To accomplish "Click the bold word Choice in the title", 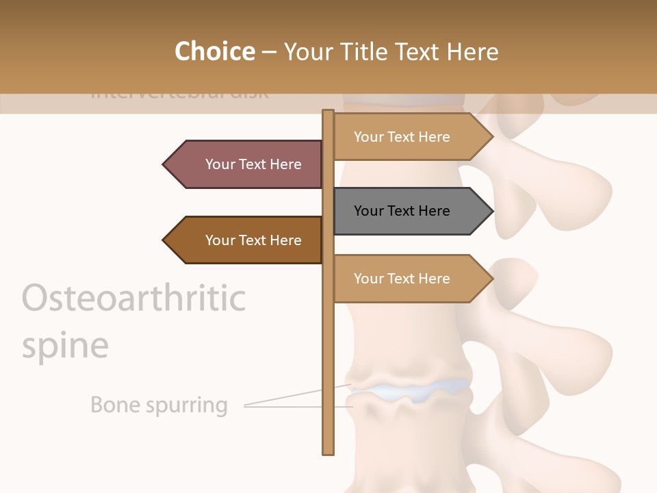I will [x=214, y=52].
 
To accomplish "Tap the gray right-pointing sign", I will [x=407, y=211].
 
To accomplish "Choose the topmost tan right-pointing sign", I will [x=407, y=137].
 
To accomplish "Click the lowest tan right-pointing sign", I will [x=407, y=279].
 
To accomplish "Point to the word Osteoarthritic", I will [x=134, y=298].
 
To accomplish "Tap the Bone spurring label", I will [x=159, y=405].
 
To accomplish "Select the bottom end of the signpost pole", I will [x=328, y=452].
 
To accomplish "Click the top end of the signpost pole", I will [x=328, y=112].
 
